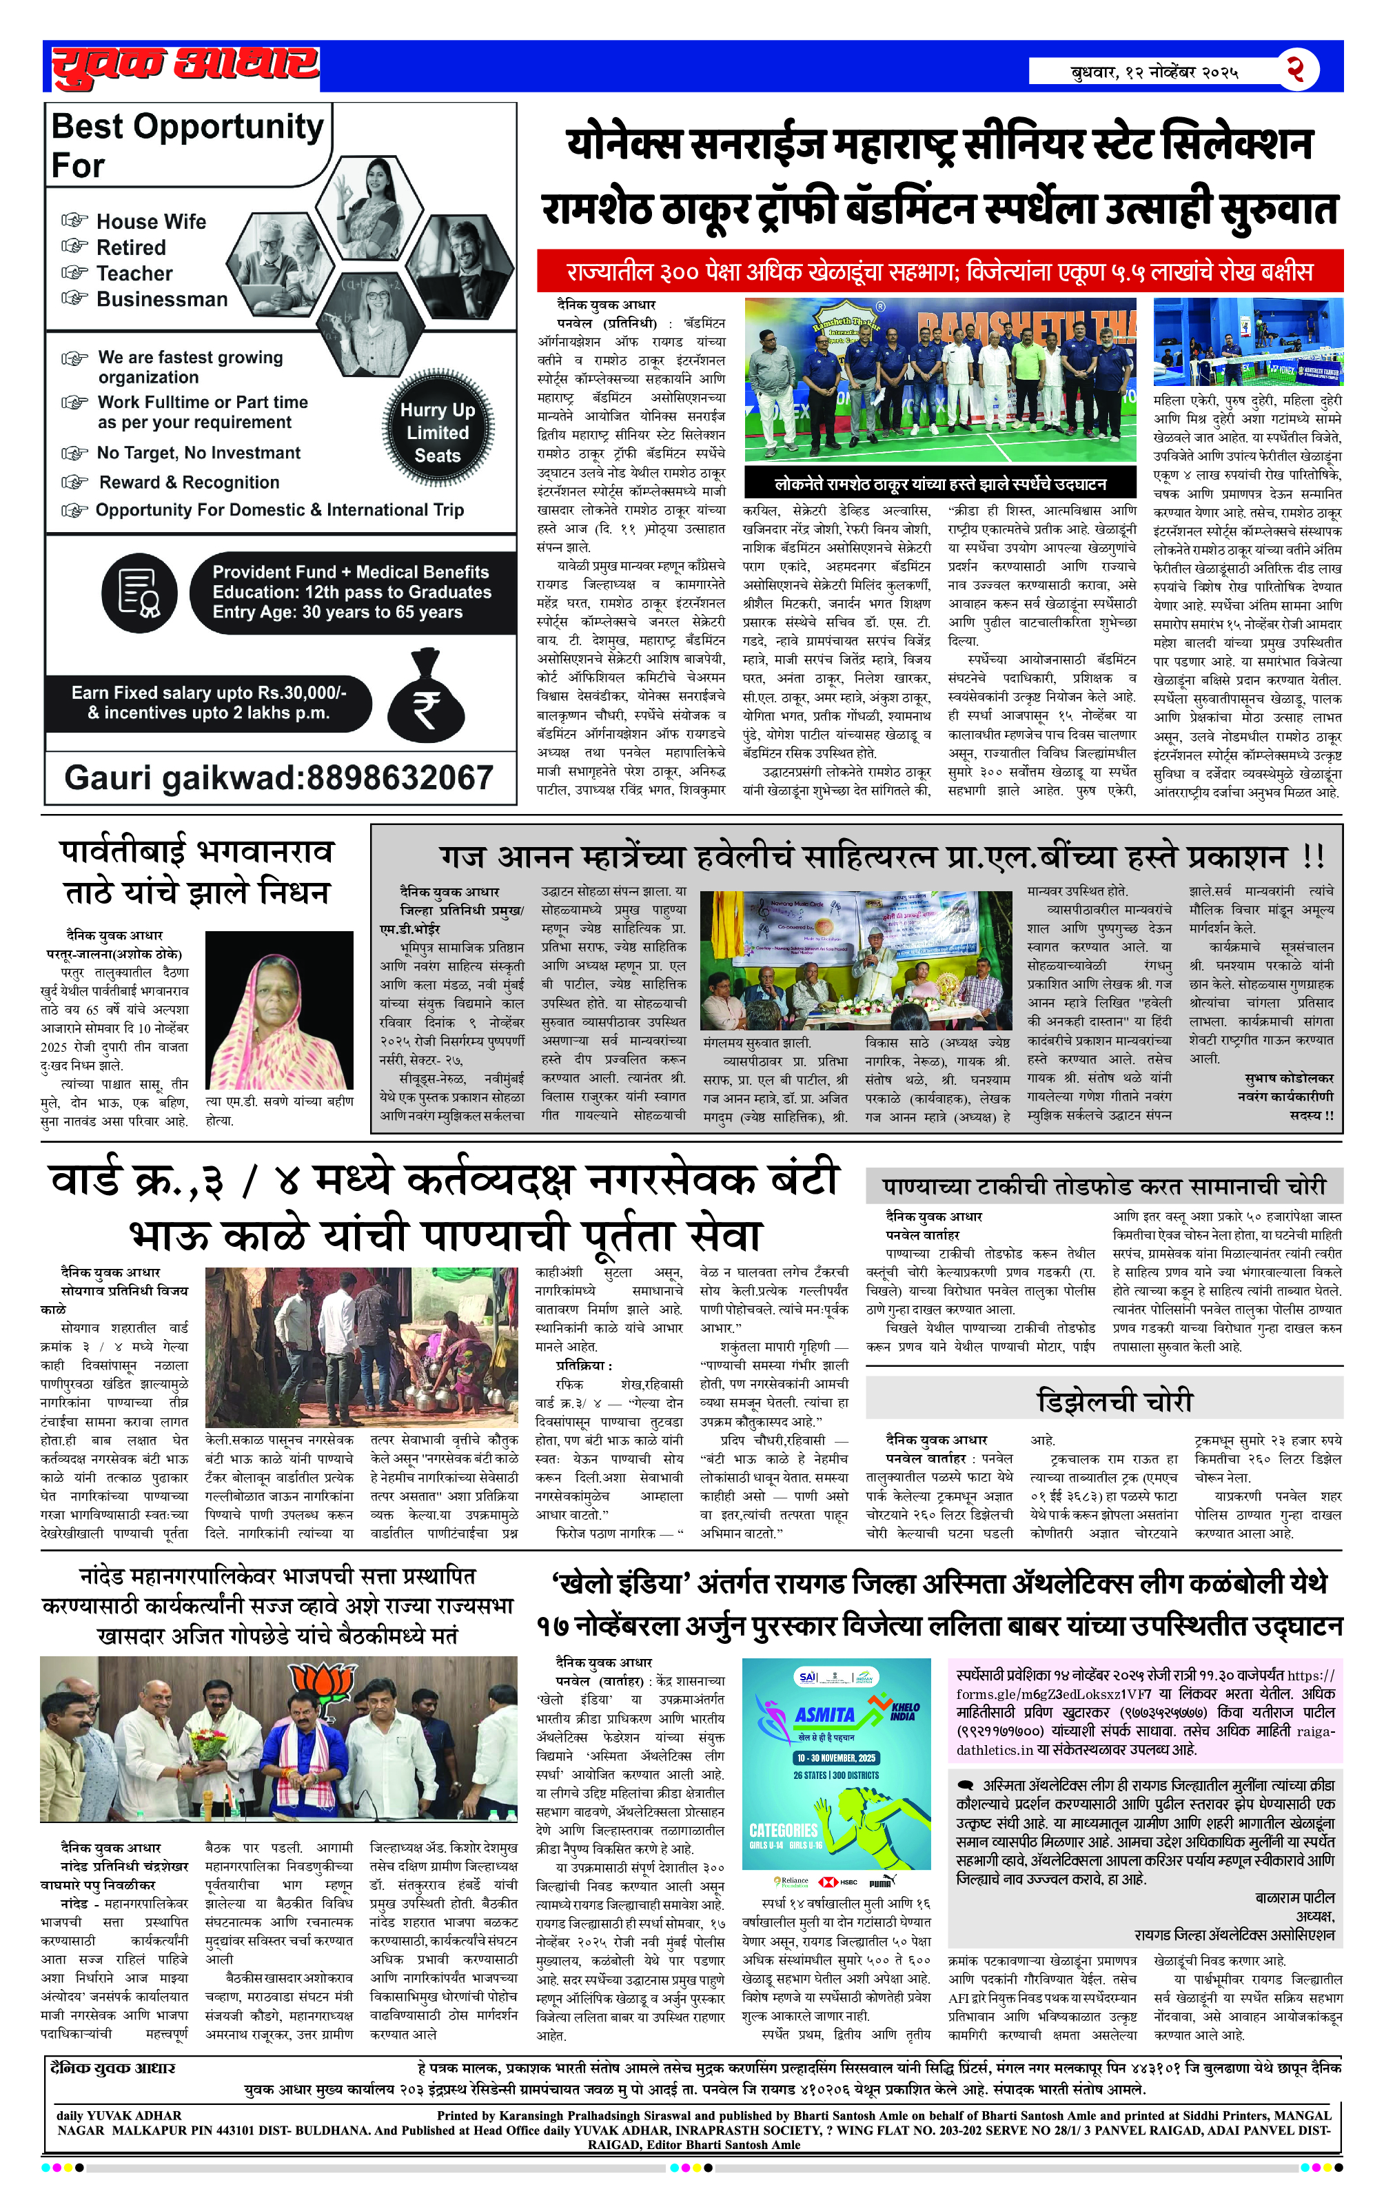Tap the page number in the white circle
click(1296, 70)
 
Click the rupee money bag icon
click(425, 698)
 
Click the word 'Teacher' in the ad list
click(134, 274)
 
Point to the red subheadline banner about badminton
click(939, 272)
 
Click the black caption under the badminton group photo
click(939, 483)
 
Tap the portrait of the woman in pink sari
click(278, 1010)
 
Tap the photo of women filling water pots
click(362, 1347)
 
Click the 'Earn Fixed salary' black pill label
click(208, 703)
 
